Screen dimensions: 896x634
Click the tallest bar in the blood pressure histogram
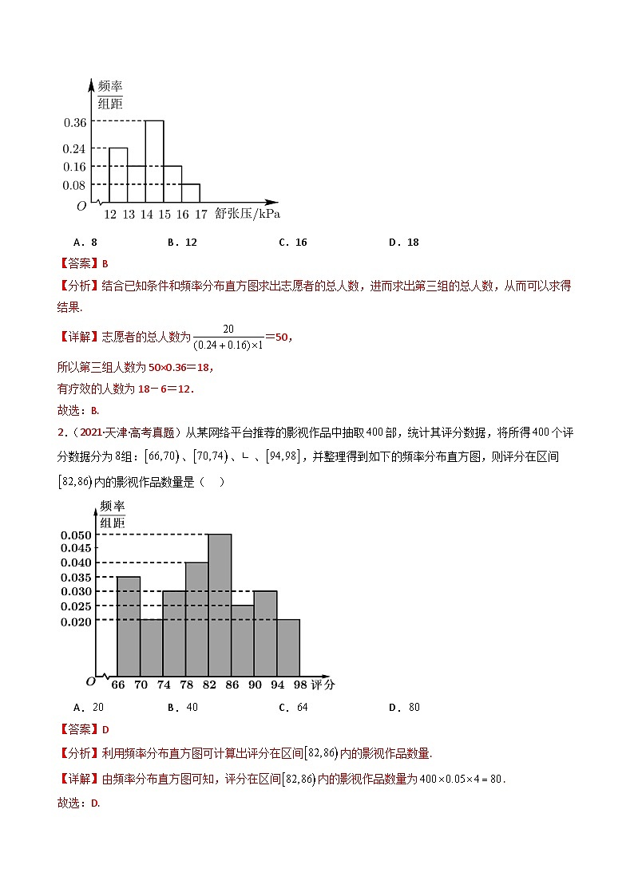154,162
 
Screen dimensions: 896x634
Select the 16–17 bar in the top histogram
190,194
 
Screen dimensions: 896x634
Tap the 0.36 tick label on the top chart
74,122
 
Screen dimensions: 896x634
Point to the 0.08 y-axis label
74,185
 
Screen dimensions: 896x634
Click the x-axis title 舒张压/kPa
248,215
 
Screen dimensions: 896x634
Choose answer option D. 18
403,243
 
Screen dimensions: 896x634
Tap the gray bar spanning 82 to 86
220,605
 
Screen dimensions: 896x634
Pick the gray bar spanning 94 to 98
288,647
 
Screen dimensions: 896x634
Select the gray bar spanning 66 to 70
128,626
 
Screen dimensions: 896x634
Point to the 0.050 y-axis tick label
76,535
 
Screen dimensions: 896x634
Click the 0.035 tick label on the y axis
76,578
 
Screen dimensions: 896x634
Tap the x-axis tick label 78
186,685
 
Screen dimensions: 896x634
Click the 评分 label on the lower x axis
323,685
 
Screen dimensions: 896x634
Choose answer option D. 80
403,707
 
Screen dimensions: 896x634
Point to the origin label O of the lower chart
89,681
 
